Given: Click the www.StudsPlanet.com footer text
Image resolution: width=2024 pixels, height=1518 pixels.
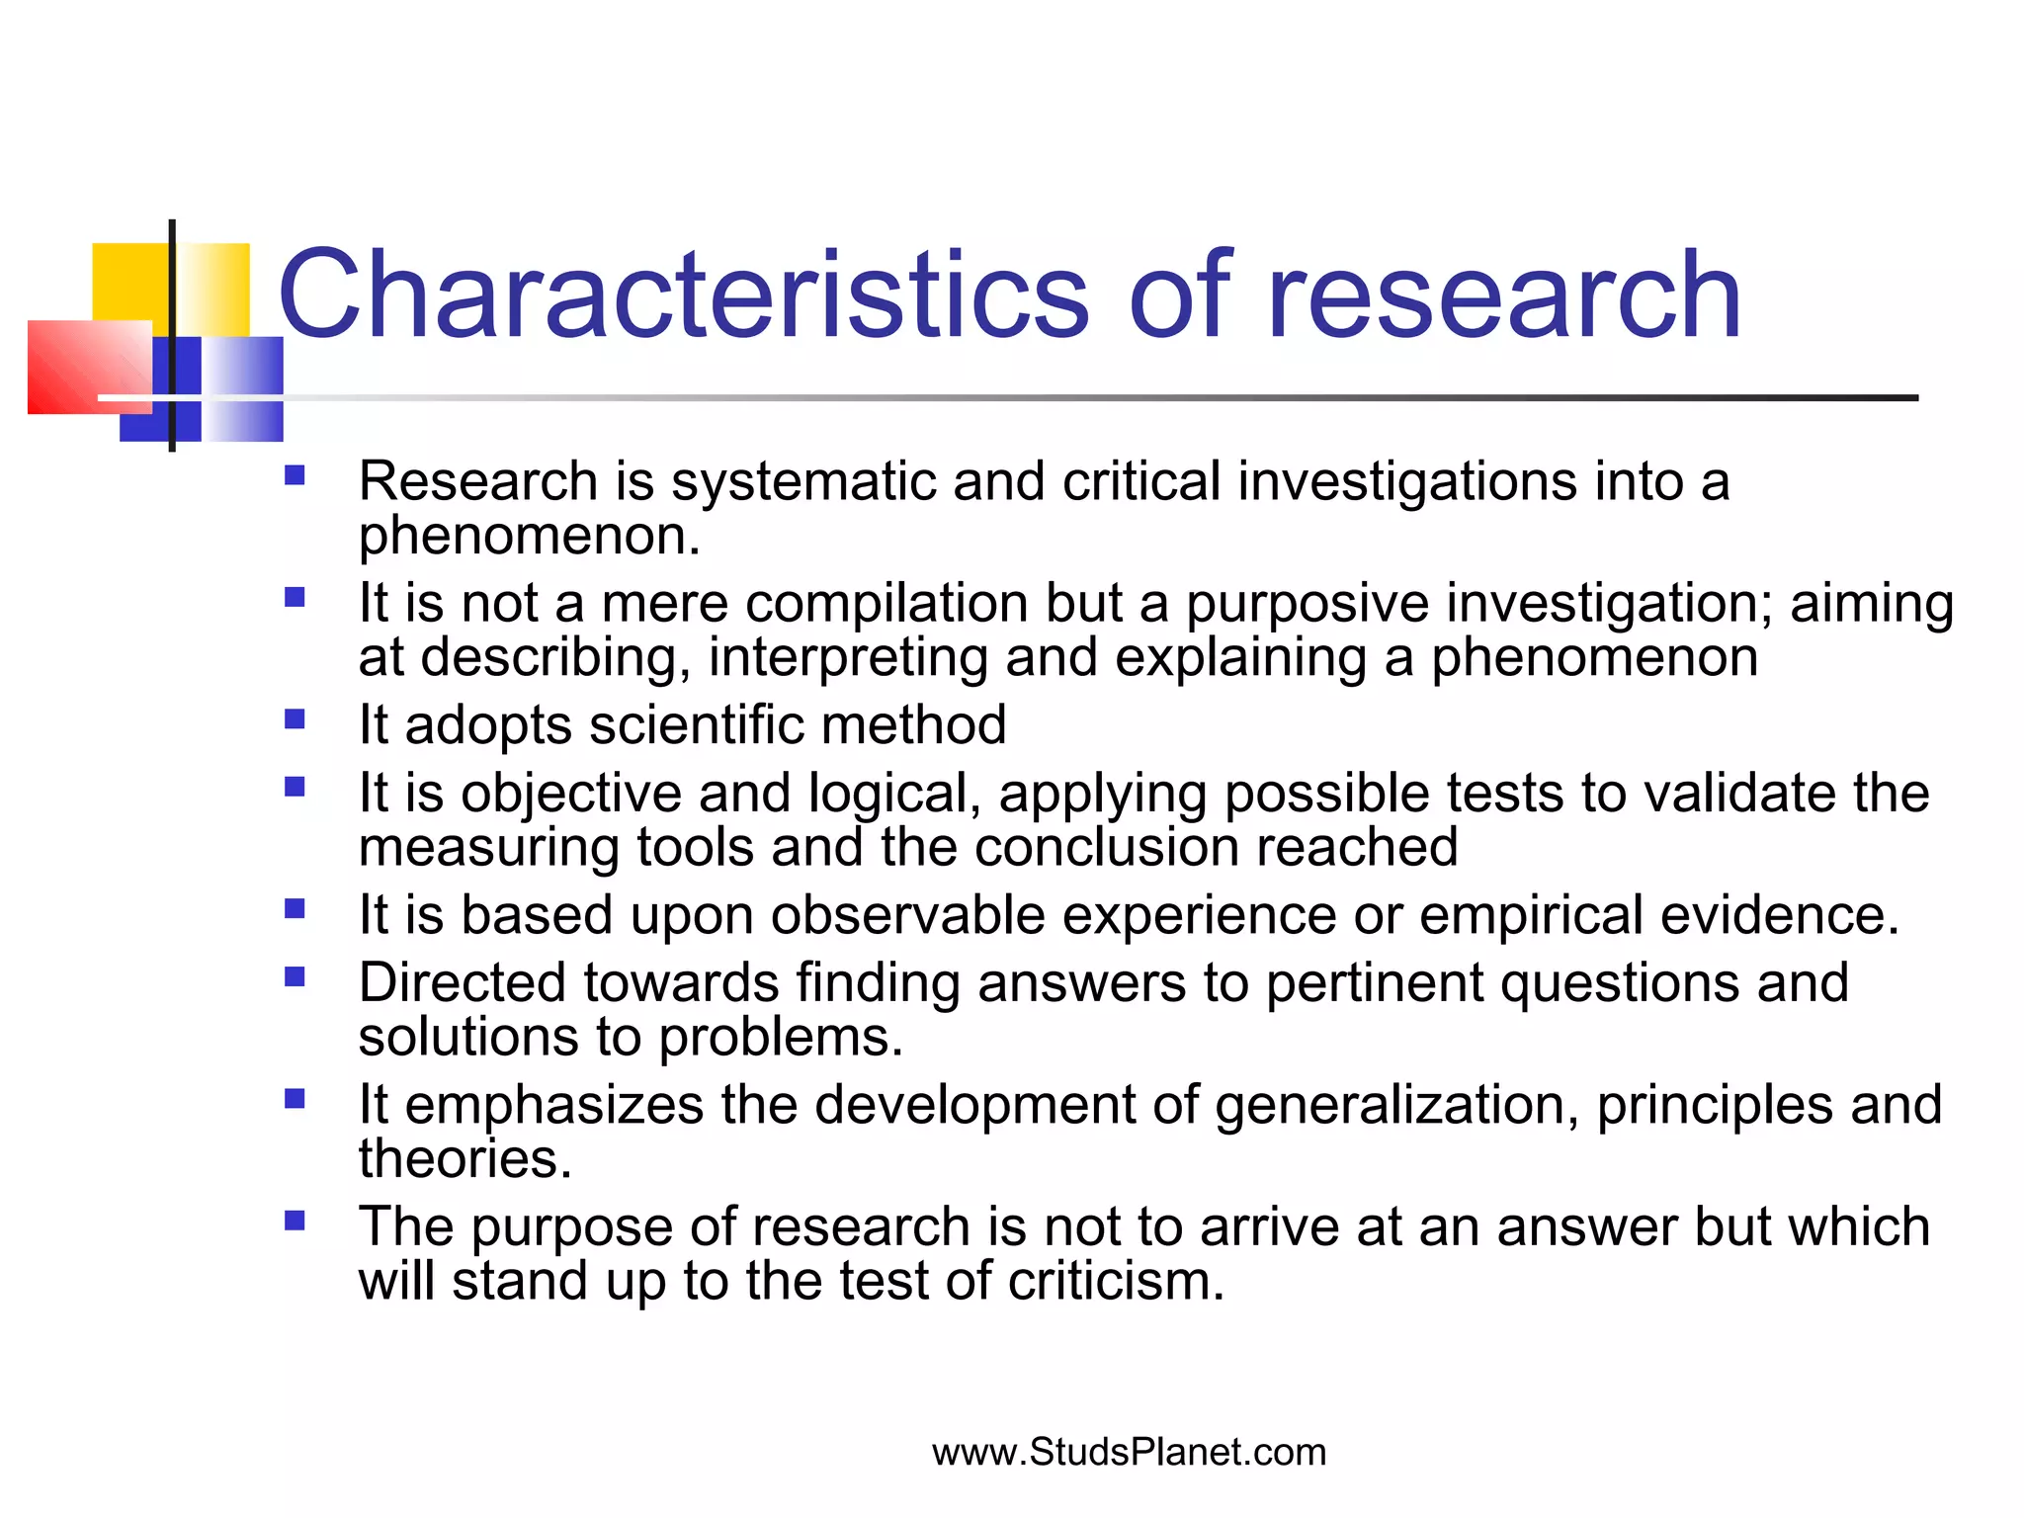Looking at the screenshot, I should pos(1129,1452).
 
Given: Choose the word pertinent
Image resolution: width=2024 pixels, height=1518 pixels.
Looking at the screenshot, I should pos(1374,983).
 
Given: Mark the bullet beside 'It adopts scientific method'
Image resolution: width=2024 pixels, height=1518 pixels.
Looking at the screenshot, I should pos(295,718).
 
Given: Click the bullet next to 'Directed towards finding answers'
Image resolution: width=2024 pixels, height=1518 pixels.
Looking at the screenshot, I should pos(295,976).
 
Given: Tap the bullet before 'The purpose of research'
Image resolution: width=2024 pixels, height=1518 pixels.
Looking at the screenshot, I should pos(295,1221).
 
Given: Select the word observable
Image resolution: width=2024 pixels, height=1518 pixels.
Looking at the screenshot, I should pos(907,915).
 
